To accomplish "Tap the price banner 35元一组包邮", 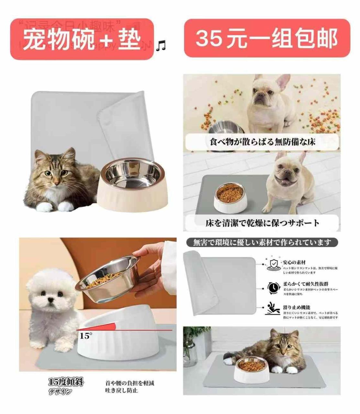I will [267, 38].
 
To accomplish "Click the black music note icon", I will [161, 46].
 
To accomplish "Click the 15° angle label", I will [85, 336].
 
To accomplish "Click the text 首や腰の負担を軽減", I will [129, 383].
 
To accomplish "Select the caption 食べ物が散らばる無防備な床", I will [262, 142].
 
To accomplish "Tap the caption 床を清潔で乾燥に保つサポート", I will [262, 223].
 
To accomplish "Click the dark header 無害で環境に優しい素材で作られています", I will [262, 242].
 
